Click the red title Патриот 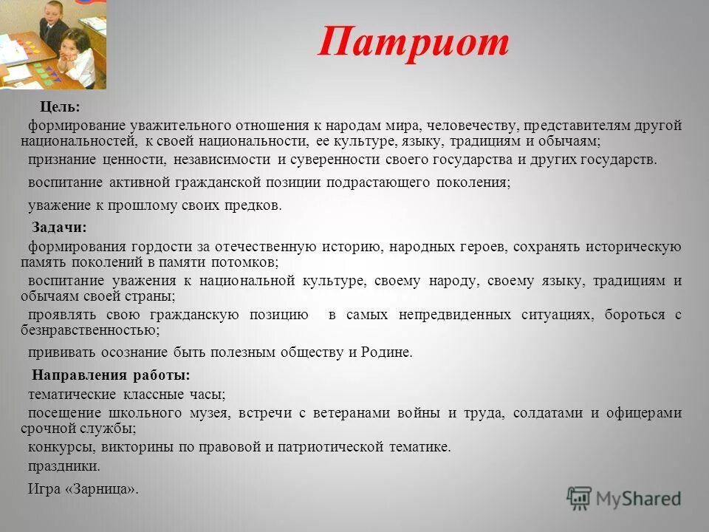tap(414, 43)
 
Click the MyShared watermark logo tap(624, 499)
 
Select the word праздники tap(64, 467)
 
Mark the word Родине tap(386, 352)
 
